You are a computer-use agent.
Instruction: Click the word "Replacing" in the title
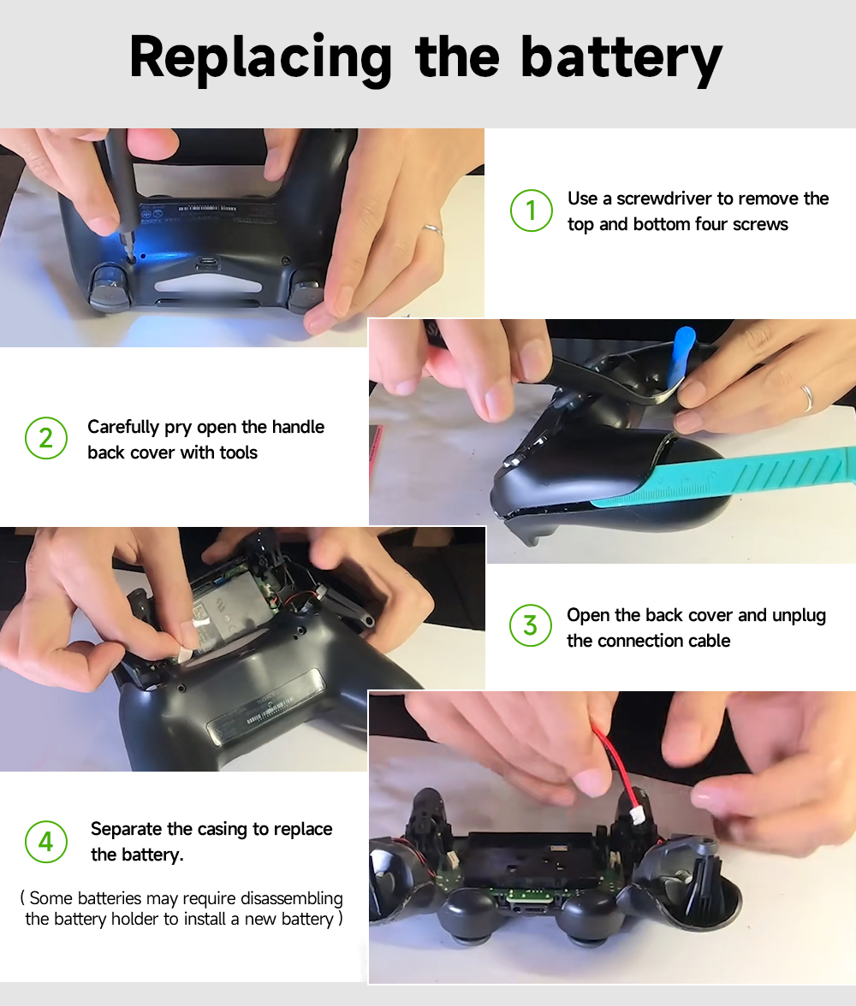click(260, 58)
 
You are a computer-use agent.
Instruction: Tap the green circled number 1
click(531, 210)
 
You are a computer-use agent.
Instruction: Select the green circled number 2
click(46, 439)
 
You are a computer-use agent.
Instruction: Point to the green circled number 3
click(530, 626)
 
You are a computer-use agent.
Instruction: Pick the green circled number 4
click(45, 842)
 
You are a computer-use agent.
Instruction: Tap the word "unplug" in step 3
click(799, 615)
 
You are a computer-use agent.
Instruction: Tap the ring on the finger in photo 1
click(432, 229)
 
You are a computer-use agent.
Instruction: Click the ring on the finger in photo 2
click(806, 397)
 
